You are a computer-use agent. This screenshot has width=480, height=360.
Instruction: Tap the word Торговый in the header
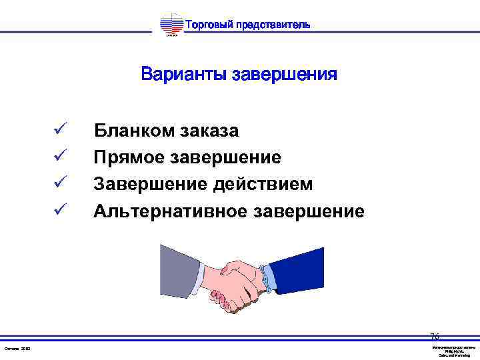pyautogui.click(x=208, y=25)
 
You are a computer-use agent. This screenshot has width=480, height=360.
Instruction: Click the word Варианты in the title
pyautogui.click(x=183, y=73)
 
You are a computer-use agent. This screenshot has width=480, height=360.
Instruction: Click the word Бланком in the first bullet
pyautogui.click(x=134, y=130)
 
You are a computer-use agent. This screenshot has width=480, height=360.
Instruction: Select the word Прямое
pyautogui.click(x=129, y=158)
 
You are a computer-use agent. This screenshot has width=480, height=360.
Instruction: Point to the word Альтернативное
pyautogui.click(x=171, y=212)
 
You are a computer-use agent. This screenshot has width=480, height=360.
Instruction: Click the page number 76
pyautogui.click(x=435, y=337)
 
